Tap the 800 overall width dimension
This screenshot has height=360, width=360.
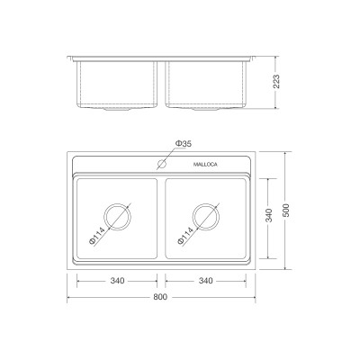pos(162,296)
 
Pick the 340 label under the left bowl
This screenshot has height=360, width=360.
pos(116,282)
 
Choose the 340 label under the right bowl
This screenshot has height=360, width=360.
pos(206,282)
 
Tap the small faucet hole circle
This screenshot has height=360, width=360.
pos(163,165)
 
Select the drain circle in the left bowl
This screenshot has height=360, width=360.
pos(117,219)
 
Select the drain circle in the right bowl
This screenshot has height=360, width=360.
pos(206,219)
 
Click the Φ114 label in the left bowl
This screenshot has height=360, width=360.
pos(97,238)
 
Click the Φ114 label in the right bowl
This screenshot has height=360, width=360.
pos(186,238)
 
